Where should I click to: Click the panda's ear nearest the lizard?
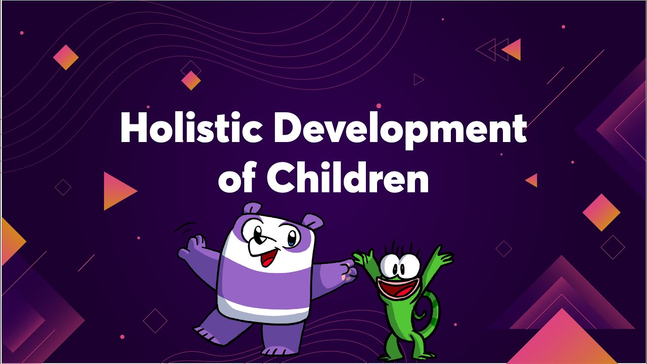(x=313, y=221)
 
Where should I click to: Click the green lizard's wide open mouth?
(x=396, y=291)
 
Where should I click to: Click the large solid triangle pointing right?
(x=118, y=191)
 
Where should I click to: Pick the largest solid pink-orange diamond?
(x=601, y=212)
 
